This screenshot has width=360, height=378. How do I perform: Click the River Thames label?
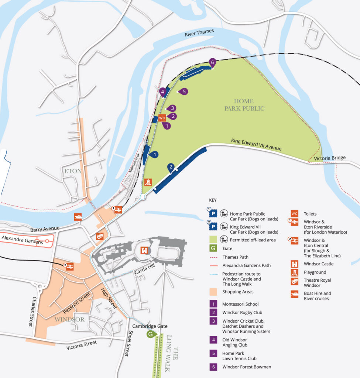[199, 33]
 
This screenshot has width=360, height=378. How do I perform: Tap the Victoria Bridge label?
[330, 158]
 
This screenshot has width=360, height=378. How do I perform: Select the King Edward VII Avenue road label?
[256, 144]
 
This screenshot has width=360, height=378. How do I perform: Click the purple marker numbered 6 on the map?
[212, 62]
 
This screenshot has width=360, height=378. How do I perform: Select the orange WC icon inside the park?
[162, 118]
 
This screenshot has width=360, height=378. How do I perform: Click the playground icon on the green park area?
[148, 182]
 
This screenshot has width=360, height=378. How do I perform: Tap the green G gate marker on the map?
[150, 334]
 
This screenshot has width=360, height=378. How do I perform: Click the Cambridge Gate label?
[150, 326]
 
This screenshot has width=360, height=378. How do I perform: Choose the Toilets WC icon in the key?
[294, 213]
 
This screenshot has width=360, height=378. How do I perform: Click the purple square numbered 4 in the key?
[213, 340]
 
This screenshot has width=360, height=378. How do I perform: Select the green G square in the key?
[213, 248]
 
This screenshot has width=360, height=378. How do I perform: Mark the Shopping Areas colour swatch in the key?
[213, 292]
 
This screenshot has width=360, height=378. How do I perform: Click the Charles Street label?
[33, 312]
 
